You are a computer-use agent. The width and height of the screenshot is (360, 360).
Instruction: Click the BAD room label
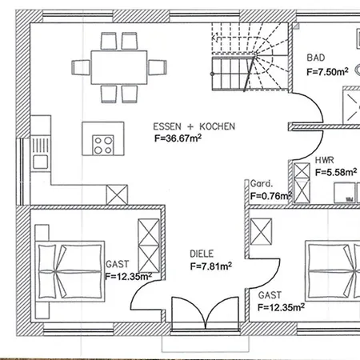(x=316, y=58)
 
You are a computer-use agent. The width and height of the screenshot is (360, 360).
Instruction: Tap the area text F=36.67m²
(x=178, y=138)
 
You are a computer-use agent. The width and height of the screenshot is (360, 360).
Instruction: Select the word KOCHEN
(x=218, y=126)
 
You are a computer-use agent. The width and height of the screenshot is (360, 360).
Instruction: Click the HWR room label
(x=324, y=160)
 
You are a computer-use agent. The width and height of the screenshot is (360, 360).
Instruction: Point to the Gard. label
(x=262, y=183)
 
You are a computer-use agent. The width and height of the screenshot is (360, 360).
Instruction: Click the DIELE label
(x=202, y=254)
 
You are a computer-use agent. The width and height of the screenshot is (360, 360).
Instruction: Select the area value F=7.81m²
(x=211, y=266)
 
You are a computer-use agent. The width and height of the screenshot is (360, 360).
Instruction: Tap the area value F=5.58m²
(x=336, y=172)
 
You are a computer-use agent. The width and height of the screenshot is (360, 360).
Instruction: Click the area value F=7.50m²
(x=327, y=71)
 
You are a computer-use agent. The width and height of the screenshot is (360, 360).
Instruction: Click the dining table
(x=119, y=67)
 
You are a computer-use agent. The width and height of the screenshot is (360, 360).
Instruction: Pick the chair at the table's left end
(x=81, y=67)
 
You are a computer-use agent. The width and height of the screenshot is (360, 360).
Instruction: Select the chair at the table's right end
(x=158, y=67)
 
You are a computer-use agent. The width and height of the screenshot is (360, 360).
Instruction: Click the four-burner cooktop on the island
(x=103, y=145)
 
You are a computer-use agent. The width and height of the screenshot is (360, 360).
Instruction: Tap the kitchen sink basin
(x=41, y=162)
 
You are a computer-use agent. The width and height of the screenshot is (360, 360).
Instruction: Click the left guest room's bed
(x=70, y=271)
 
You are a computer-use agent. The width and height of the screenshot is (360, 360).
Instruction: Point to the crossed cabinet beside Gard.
(x=302, y=183)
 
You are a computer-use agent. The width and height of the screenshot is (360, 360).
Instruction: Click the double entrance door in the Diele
(x=205, y=313)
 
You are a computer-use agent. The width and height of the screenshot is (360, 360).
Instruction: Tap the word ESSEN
(x=167, y=126)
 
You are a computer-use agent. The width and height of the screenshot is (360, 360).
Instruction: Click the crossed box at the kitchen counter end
(x=117, y=194)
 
